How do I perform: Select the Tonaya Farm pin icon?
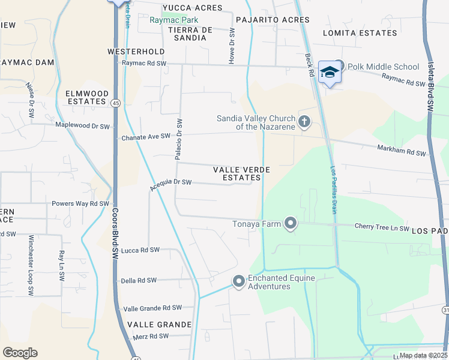click(x=291, y=224)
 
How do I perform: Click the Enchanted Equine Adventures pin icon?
click(x=238, y=281)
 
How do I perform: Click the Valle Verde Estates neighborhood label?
click(x=242, y=174)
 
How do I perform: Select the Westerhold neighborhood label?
click(x=136, y=52)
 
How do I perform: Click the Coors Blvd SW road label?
click(x=114, y=238)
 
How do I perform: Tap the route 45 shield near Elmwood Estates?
click(x=114, y=104)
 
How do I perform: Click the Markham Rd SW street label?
click(x=401, y=151)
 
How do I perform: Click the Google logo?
click(x=20, y=352)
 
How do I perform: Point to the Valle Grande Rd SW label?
click(x=152, y=308)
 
